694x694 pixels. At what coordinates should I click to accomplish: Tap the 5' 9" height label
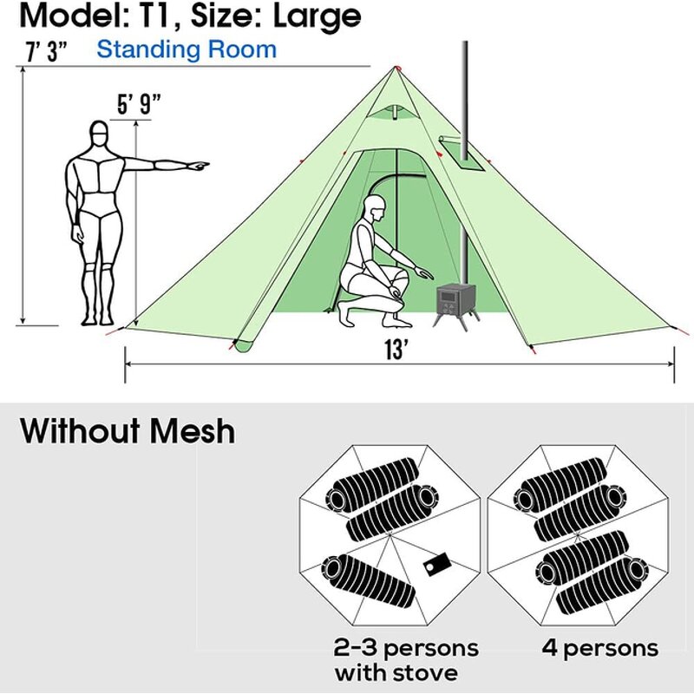pos(139,106)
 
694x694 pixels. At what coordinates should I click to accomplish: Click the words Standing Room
pos(187,49)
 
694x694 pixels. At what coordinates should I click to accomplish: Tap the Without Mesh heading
pos(128,430)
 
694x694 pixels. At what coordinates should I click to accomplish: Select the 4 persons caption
pos(599,647)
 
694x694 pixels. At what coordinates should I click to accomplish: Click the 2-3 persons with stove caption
pos(405,659)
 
